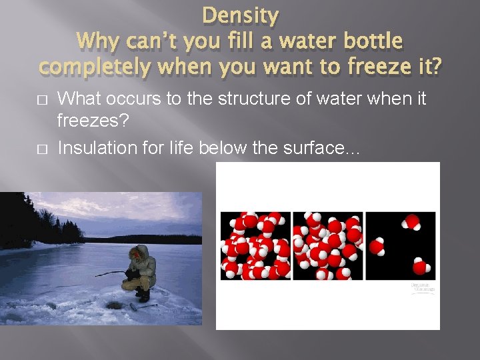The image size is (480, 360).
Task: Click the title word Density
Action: click(x=240, y=15)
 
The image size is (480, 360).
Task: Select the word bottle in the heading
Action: click(x=368, y=41)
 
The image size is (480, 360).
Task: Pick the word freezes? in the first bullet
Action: click(x=87, y=123)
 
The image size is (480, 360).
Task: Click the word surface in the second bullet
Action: click(x=323, y=148)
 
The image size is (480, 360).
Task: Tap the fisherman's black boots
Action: click(x=142, y=294)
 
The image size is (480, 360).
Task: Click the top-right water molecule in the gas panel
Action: click(x=412, y=222)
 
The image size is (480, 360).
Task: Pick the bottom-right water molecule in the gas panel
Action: click(x=419, y=267)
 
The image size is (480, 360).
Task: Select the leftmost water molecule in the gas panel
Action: click(x=379, y=246)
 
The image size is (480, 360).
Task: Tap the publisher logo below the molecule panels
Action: click(x=422, y=287)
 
